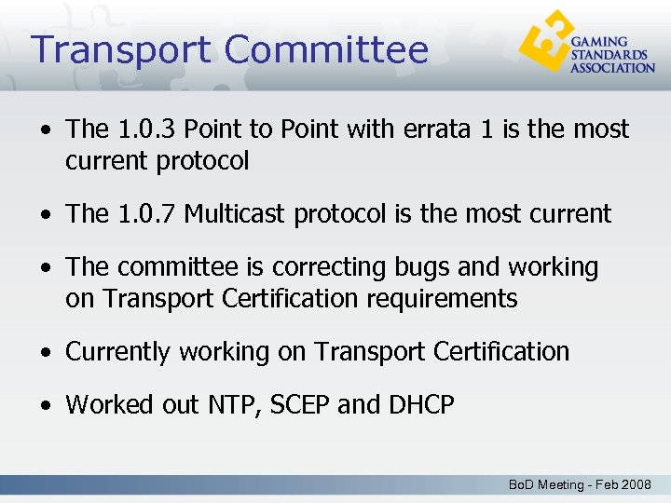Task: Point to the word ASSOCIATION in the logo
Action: pyautogui.click(x=612, y=68)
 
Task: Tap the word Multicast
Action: pyautogui.click(x=236, y=213)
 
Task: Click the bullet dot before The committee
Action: pyautogui.click(x=45, y=268)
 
